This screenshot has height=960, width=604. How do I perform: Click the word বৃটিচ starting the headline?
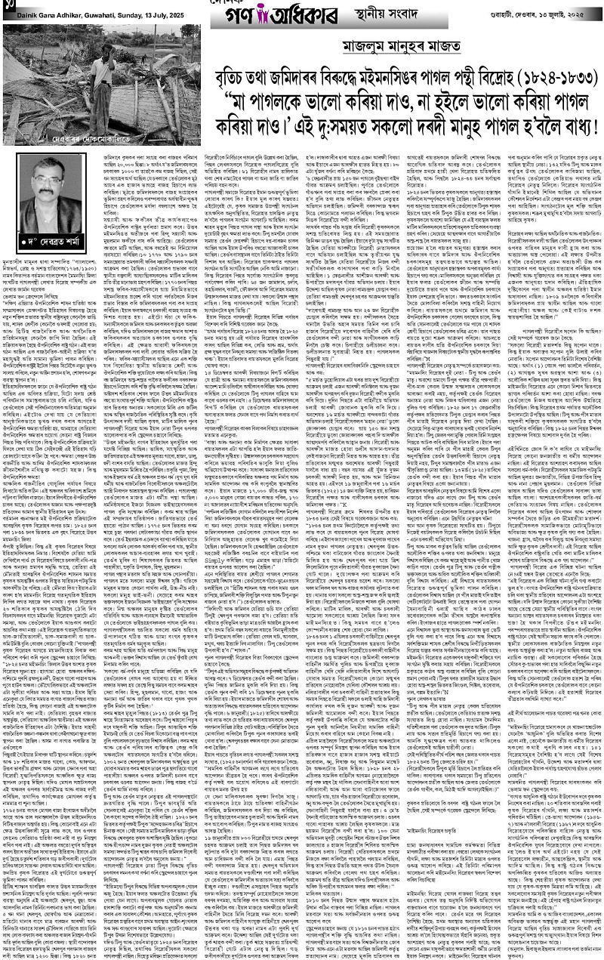pyautogui.click(x=228, y=76)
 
